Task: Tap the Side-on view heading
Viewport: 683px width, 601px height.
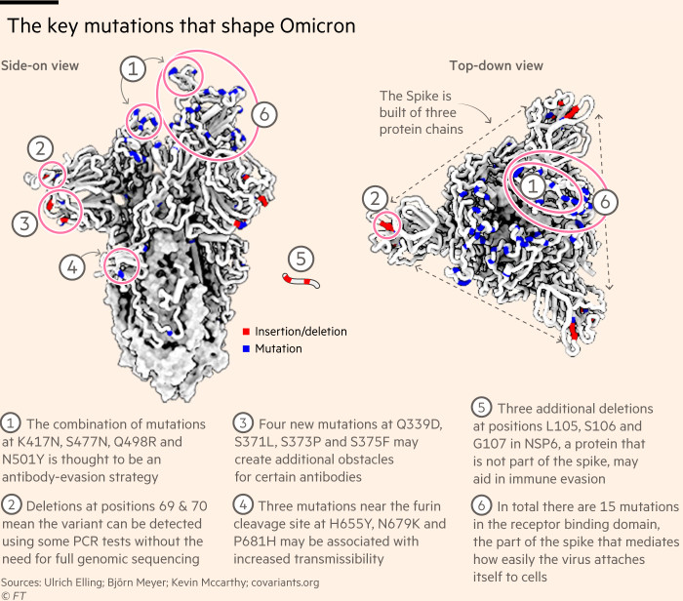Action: pyautogui.click(x=40, y=65)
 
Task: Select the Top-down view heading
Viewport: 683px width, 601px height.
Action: pyautogui.click(x=496, y=65)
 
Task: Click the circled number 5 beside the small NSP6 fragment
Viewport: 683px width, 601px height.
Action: pyautogui.click(x=301, y=260)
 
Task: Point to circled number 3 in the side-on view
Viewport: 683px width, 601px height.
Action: pyautogui.click(x=25, y=223)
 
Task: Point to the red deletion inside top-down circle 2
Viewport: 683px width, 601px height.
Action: pyautogui.click(x=388, y=226)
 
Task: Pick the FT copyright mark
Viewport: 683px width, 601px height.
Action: pyautogui.click(x=15, y=593)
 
